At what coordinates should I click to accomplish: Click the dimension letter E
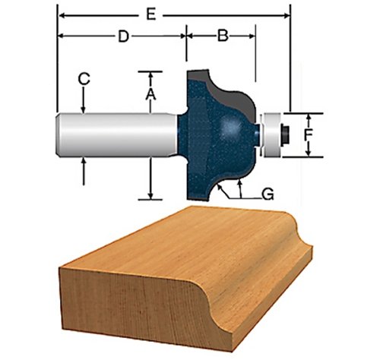(x=151, y=14)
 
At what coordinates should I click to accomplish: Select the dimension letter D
(x=123, y=36)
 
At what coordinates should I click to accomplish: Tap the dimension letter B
(x=223, y=36)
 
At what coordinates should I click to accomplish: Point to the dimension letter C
(x=84, y=79)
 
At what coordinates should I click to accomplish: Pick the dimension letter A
(x=150, y=94)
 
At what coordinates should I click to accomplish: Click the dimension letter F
(x=308, y=135)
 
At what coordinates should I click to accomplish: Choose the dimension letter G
(x=268, y=194)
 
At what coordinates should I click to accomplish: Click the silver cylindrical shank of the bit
(x=117, y=135)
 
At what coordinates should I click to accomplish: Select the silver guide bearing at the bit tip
(x=272, y=135)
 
